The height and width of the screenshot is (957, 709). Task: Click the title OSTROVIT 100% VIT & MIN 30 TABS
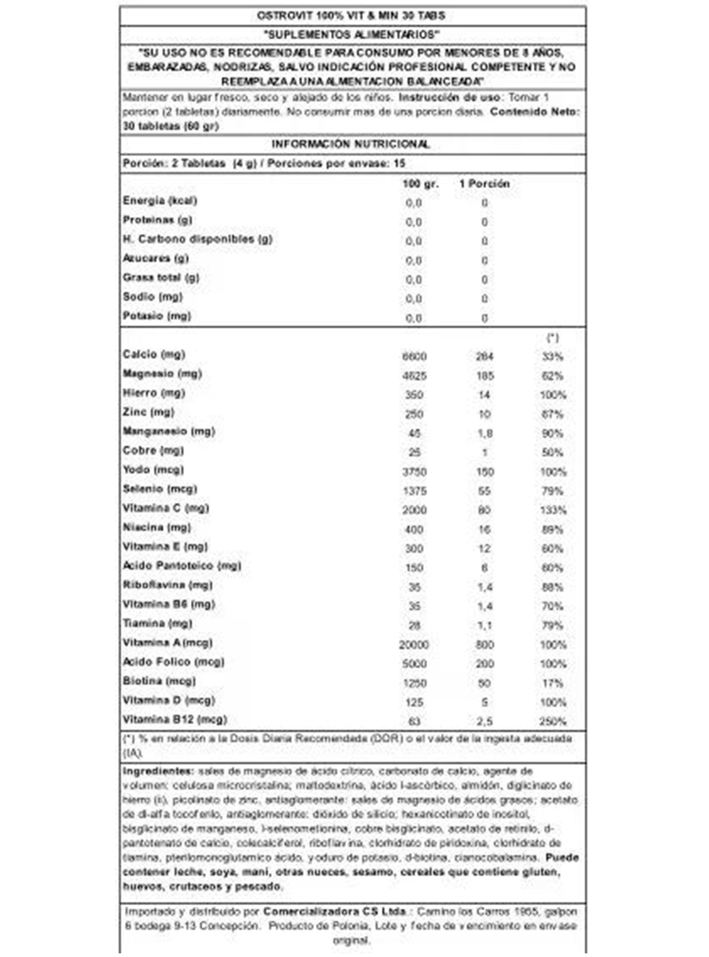[351, 16]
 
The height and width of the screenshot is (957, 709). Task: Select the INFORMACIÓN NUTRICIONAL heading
[351, 144]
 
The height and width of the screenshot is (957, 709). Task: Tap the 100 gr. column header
[421, 184]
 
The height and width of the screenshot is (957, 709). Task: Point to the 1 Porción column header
[484, 184]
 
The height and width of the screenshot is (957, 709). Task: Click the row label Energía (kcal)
[160, 201]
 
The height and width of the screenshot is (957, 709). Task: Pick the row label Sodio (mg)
[152, 297]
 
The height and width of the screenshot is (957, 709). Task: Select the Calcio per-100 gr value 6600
[414, 357]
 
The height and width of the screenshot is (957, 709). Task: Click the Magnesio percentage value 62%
[552, 376]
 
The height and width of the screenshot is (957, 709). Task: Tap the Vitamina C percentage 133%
[553, 510]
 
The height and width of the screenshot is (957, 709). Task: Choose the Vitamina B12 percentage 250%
[553, 721]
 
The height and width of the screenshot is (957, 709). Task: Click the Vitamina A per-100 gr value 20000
[414, 645]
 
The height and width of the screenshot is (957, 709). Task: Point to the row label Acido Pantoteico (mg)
[182, 566]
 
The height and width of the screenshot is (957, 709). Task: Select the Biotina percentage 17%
[553, 683]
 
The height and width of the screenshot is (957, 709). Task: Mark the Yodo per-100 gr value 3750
[414, 472]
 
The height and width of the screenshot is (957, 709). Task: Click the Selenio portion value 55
[484, 491]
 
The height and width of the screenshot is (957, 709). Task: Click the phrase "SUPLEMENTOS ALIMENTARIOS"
[351, 35]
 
